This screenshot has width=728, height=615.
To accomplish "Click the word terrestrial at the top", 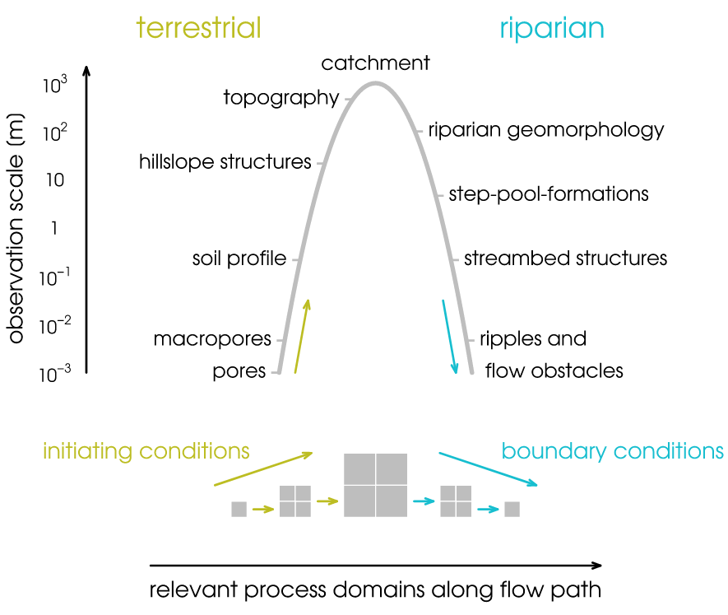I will pyautogui.click(x=198, y=28).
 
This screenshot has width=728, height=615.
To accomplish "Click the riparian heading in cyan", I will pyautogui.click(x=551, y=29).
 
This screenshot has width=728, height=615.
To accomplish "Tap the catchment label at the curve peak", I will pyautogui.click(x=375, y=63).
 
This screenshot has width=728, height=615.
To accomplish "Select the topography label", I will pyautogui.click(x=281, y=98).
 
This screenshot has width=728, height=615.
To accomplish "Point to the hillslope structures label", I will pyautogui.click(x=225, y=161).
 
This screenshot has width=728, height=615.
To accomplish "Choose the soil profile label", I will pyautogui.click(x=239, y=259).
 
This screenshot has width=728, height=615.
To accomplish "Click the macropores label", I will pyautogui.click(x=212, y=339).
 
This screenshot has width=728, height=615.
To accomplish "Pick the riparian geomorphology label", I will pyautogui.click(x=545, y=130).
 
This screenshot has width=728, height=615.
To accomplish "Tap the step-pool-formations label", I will pyautogui.click(x=549, y=194).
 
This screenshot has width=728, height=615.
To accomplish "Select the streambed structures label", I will pyautogui.click(x=565, y=259).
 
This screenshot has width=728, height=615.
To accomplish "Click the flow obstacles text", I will pyautogui.click(x=554, y=370).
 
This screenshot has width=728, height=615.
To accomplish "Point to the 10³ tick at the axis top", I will pyautogui.click(x=53, y=84).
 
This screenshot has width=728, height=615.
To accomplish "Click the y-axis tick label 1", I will pyautogui.click(x=54, y=228).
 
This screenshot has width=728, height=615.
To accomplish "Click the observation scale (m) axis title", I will pyautogui.click(x=16, y=228).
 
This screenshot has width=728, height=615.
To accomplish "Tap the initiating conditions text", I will pyautogui.click(x=146, y=451).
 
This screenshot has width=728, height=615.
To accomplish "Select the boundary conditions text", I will pyautogui.click(x=612, y=451).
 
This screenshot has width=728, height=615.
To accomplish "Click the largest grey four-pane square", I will pyautogui.click(x=375, y=484).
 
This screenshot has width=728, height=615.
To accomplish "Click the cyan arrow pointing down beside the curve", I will pyautogui.click(x=449, y=338).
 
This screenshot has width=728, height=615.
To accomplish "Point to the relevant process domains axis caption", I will pyautogui.click(x=375, y=590).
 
